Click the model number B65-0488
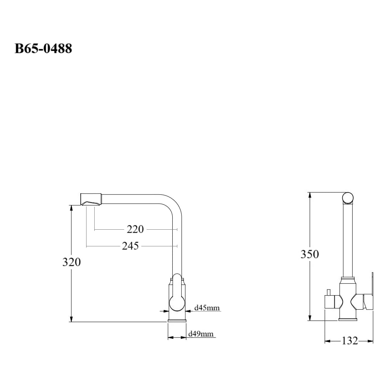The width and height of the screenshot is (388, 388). tap(43, 48)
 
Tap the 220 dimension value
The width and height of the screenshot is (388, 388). tap(135, 229)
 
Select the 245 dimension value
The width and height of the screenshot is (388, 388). tap(130, 246)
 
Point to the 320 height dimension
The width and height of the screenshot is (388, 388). tap(71, 262)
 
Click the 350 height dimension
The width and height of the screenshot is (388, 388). tap(310, 254)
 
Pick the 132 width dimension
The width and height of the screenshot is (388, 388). tap(350, 341)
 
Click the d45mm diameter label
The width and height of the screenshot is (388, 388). tap(207, 308)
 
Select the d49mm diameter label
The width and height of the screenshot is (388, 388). tap(201, 334)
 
